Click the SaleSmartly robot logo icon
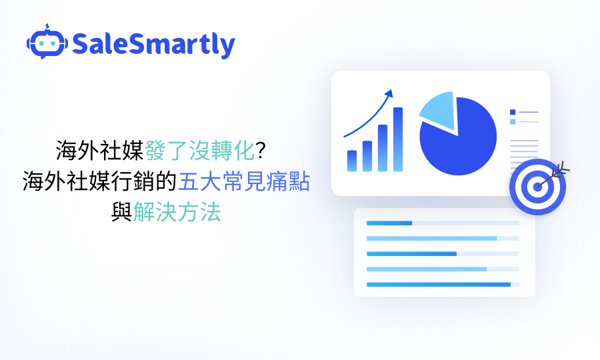(x=47, y=43)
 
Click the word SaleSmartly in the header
(x=153, y=45)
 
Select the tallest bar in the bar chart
(x=398, y=139)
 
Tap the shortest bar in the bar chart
(x=351, y=161)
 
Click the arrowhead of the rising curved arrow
(x=390, y=93)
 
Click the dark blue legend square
(x=513, y=112)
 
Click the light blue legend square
(x=513, y=122)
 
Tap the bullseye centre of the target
(x=537, y=187)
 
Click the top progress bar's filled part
(x=389, y=223)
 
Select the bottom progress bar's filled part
(x=438, y=285)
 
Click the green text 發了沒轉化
(x=200, y=151)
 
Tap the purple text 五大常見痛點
(x=243, y=181)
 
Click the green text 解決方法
(x=177, y=213)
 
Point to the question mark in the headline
(x=261, y=151)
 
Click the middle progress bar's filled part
(x=411, y=254)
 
